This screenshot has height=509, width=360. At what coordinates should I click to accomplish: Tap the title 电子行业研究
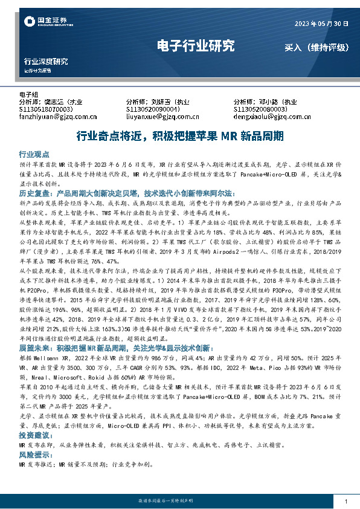pos(195,46)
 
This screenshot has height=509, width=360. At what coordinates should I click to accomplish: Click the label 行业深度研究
pos(45,62)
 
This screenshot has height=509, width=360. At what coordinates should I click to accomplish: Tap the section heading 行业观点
pos(34,154)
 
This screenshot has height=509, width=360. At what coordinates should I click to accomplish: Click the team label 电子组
pos(29,95)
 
